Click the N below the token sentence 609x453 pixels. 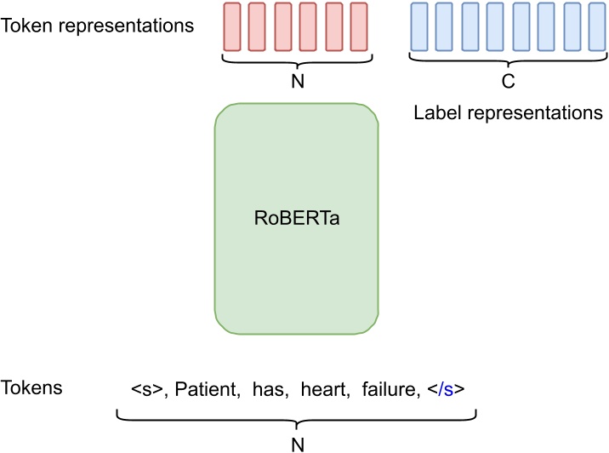coord(296,443)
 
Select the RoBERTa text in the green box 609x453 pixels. coord(296,217)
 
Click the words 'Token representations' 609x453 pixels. coord(98,26)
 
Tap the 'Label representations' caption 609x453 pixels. coord(508,113)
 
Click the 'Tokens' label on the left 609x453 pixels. coord(32,387)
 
